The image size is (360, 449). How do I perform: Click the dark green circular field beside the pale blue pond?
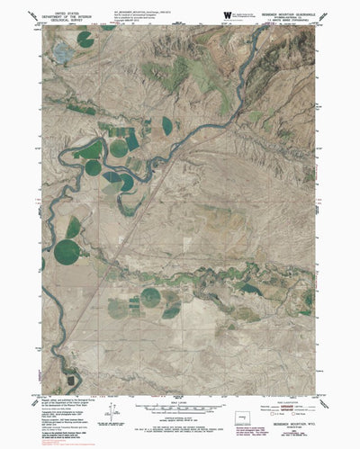coord(85,39)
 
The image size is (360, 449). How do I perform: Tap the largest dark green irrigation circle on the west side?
coord(67,252)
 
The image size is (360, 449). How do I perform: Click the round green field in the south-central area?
coord(151,296)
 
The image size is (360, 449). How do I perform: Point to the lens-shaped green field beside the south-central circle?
coord(171,311)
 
